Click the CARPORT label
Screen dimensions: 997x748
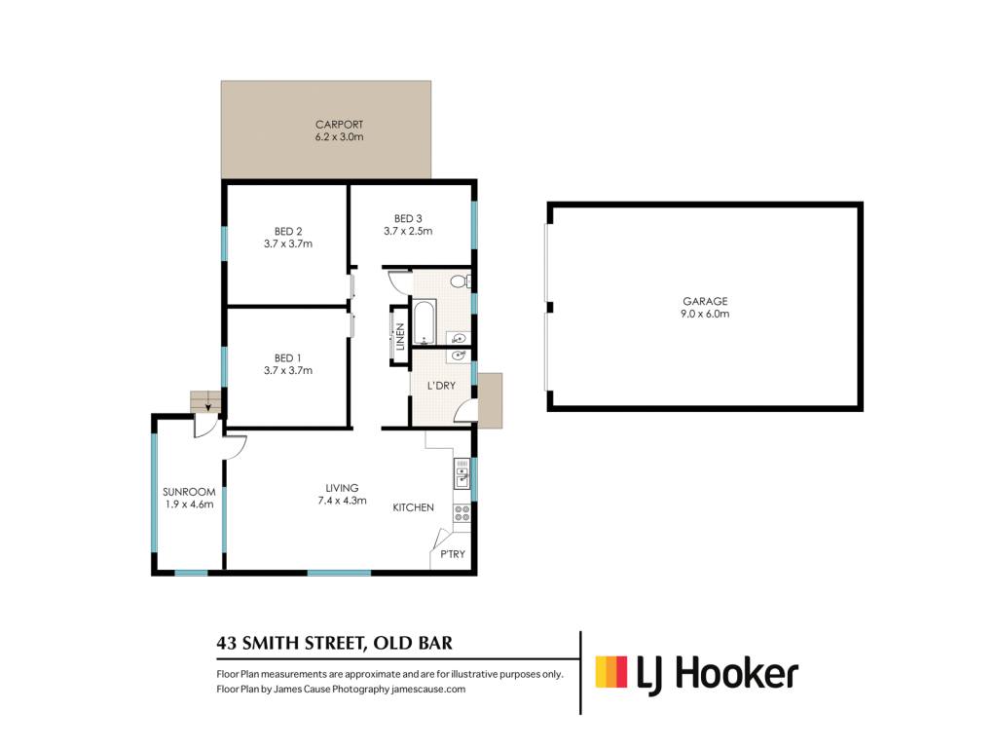point(339,125)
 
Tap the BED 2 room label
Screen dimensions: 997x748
point(288,232)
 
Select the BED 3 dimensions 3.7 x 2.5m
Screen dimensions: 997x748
point(408,232)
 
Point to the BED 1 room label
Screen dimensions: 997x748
point(287,358)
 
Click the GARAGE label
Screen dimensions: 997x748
point(705,302)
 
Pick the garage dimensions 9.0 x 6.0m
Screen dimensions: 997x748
point(705,314)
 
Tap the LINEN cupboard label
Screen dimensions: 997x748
point(400,337)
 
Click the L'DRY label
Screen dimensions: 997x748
point(441,386)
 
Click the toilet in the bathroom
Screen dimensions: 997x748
point(461,280)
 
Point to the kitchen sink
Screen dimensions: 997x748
point(462,474)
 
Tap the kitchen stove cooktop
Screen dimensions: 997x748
point(462,513)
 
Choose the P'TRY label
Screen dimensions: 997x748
point(453,554)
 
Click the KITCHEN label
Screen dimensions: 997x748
point(413,507)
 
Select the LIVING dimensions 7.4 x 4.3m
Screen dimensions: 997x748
point(342,501)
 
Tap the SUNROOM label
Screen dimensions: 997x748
point(189,492)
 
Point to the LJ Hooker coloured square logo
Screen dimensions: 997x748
point(611,672)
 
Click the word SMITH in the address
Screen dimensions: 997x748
point(271,643)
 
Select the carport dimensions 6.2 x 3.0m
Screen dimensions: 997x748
point(340,136)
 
